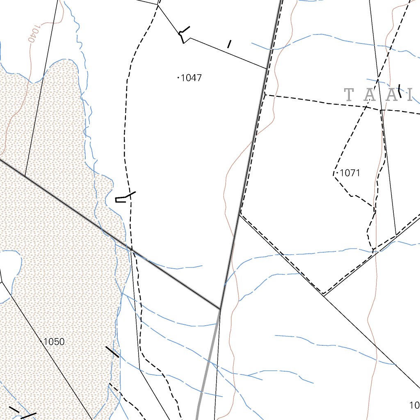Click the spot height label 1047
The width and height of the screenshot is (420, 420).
(191, 78)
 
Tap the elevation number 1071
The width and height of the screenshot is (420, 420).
(350, 173)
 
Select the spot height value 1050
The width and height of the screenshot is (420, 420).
(54, 342)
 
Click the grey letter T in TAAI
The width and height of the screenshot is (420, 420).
(349, 95)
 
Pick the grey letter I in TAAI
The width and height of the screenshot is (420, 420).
(410, 95)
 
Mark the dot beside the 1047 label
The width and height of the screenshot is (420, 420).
(178, 78)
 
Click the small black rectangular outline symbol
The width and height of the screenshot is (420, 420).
(121, 200)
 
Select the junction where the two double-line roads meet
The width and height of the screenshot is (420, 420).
(221, 308)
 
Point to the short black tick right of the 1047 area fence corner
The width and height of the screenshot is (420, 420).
(229, 43)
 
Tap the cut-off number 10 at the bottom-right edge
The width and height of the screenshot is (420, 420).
(414, 405)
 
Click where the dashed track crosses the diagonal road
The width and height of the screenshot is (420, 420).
(131, 249)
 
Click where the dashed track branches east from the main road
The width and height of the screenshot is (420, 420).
(265, 95)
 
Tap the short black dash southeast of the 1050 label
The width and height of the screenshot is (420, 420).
(112, 352)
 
